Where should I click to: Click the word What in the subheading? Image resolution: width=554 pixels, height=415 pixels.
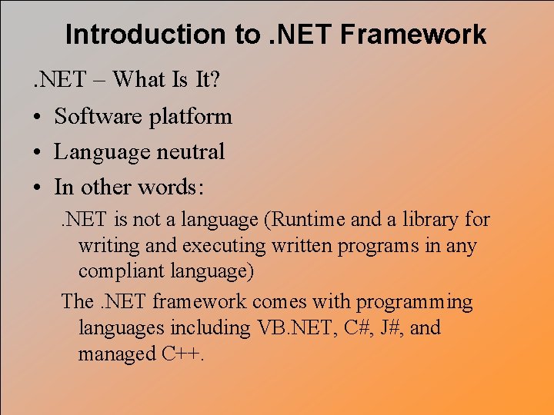(x=145, y=80)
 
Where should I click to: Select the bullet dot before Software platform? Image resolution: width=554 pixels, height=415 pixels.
(x=36, y=117)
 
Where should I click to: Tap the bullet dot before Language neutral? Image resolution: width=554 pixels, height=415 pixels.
(x=36, y=152)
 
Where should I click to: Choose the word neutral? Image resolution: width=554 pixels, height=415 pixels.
(x=190, y=152)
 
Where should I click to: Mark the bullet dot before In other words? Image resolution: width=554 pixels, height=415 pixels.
(x=36, y=188)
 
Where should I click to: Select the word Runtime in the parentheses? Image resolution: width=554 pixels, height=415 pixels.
(x=307, y=220)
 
